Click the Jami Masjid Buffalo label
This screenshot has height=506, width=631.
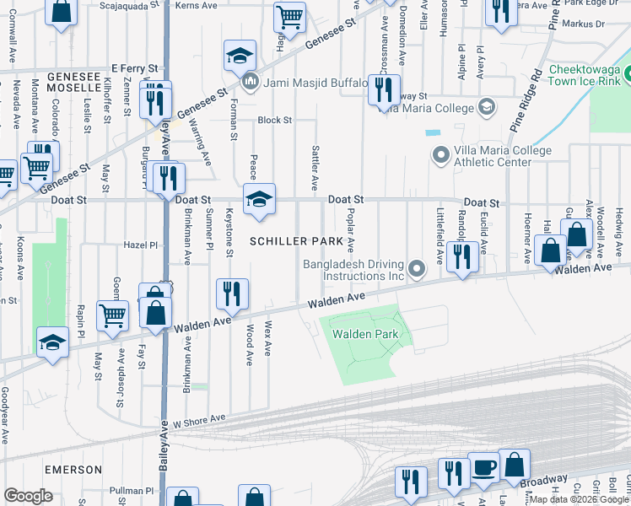tap(315, 83)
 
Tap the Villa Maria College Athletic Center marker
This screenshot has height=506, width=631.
tap(440, 156)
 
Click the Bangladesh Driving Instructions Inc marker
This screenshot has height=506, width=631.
tap(416, 270)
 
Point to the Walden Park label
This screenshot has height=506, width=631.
tap(364, 334)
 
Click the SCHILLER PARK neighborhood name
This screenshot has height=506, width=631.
tap(296, 241)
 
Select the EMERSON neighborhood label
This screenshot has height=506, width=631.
tap(73, 469)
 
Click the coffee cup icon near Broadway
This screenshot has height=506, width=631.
tap(484, 467)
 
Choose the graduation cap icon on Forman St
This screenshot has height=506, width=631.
tap(240, 56)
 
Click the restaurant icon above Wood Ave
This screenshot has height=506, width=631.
tap(231, 293)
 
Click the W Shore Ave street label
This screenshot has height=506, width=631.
tap(200, 418)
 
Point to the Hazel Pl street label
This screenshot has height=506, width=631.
tap(141, 245)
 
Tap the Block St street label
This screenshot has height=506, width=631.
tap(274, 120)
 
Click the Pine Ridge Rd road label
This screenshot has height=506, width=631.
tap(525, 98)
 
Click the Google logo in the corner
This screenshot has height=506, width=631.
tap(28, 496)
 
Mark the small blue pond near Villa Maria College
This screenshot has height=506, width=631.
tap(433, 132)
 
